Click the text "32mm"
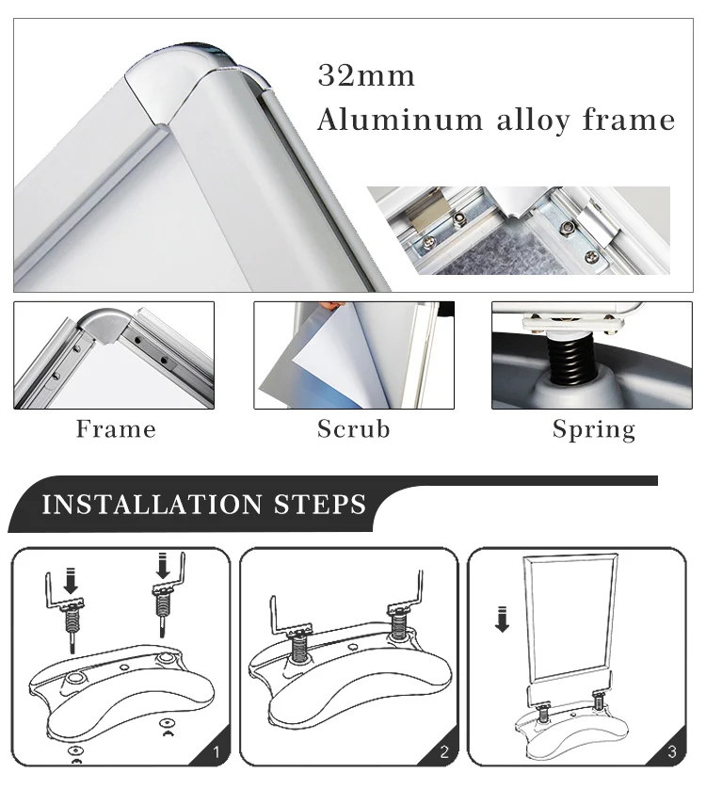point(366,75)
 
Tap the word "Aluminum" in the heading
point(400,121)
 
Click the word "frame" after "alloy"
point(629,120)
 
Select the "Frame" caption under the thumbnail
point(116,429)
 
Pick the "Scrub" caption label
point(354,429)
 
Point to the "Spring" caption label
point(594,429)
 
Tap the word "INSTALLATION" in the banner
point(152,504)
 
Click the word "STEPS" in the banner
point(320,504)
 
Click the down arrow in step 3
point(502,620)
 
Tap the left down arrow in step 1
point(71,580)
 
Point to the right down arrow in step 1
point(163,566)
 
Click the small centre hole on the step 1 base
point(124,668)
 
